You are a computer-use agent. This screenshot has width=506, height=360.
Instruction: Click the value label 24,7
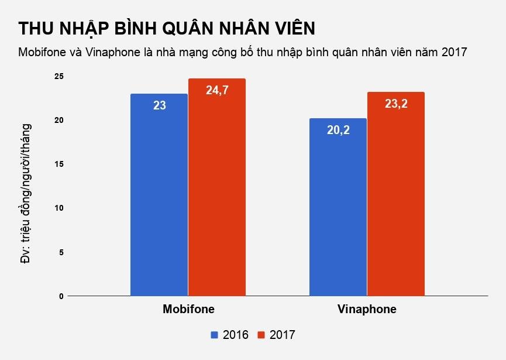tap(216, 90)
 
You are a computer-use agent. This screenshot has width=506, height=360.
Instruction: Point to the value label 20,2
tap(338, 130)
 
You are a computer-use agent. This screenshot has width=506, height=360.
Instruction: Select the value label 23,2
tap(395, 104)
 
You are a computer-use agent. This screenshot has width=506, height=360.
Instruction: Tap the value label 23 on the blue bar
tap(159, 106)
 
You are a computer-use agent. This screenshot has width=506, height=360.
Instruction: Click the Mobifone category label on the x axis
tap(188, 309)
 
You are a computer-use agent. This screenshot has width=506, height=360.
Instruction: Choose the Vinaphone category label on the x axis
tap(367, 309)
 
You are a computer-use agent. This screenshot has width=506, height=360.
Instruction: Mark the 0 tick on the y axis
tap(61, 296)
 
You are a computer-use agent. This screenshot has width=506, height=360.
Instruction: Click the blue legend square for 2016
tap(214, 335)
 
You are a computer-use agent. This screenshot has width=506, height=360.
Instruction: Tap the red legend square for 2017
tap(261, 335)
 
